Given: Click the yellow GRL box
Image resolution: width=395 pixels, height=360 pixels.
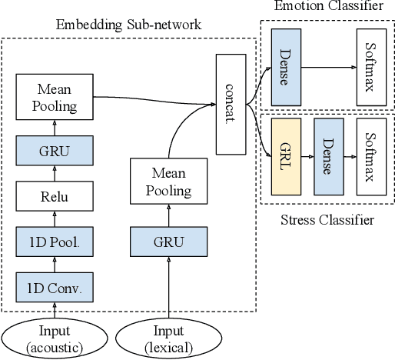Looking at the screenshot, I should [x=285, y=155].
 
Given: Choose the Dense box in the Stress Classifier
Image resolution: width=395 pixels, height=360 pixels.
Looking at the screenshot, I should [x=327, y=155].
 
